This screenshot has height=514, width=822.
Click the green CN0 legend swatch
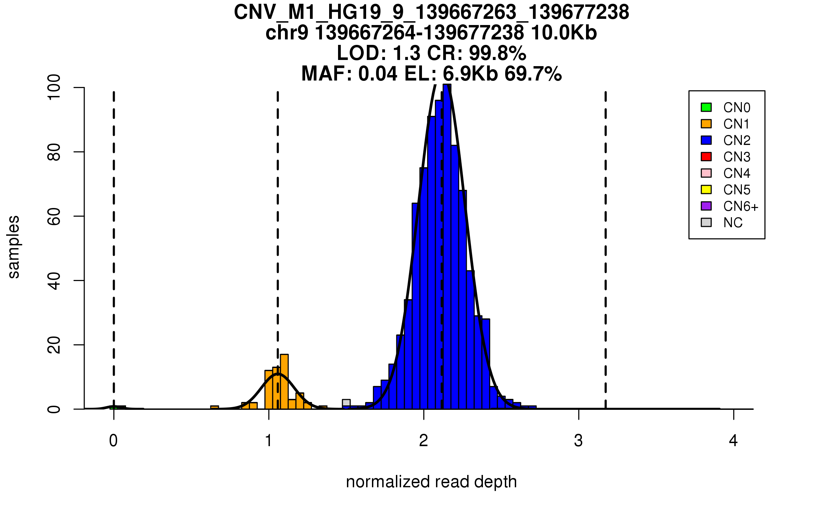706,107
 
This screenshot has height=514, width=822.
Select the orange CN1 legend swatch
706,124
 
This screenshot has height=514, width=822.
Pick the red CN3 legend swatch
706,157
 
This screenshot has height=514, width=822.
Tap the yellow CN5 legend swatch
706,189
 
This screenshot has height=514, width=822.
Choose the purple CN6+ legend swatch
706,206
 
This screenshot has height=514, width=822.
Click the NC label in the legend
733,223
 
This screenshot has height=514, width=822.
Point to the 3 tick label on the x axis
578,441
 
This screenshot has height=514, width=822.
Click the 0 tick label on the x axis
113,441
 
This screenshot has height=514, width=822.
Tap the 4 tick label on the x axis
733,441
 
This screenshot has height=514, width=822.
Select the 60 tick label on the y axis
54,216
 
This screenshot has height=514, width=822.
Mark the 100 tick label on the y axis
54,88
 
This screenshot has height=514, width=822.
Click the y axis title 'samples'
14,247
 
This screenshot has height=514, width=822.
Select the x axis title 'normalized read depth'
431,482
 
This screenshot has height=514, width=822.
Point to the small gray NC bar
346,403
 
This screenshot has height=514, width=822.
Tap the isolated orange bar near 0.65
214,407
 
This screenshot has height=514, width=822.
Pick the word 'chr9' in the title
287,33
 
